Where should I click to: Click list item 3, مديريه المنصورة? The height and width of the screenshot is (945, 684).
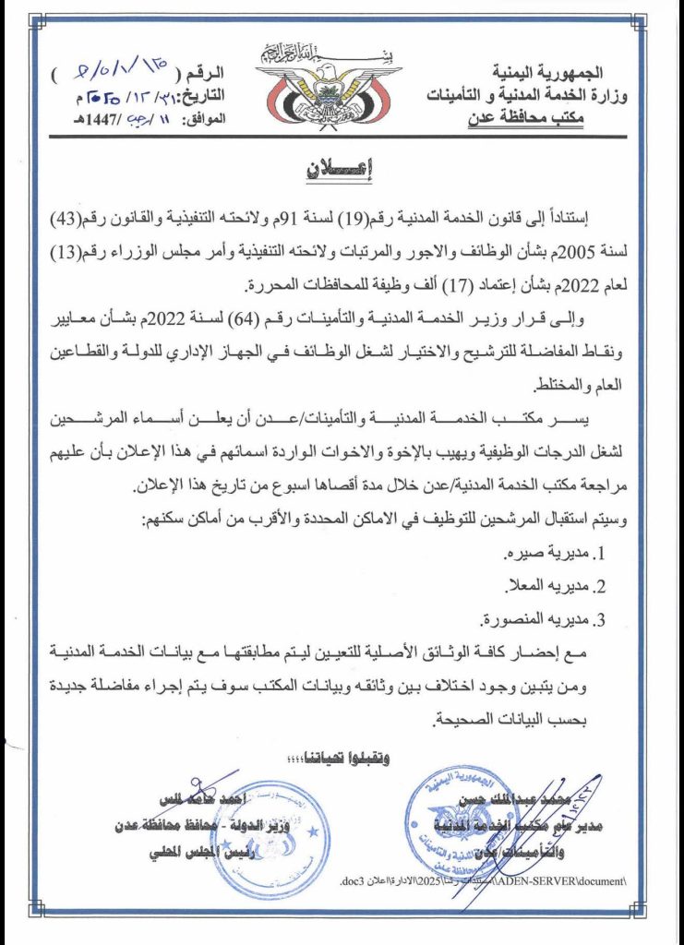coord(545,619)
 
